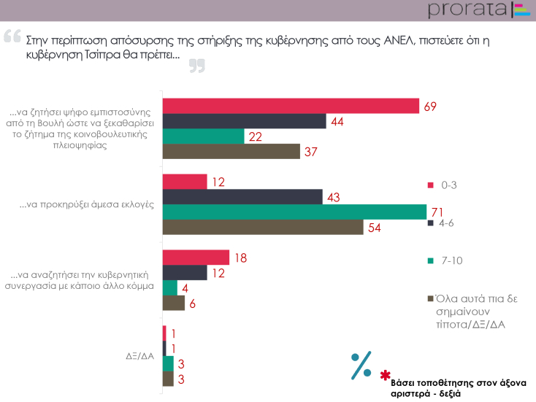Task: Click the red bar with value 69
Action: coord(290,106)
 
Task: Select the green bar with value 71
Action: coord(294,212)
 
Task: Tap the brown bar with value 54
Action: coord(262,227)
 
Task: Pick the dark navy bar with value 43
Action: coord(242,196)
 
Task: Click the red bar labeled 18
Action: coord(195,258)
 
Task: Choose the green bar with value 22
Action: coord(203,136)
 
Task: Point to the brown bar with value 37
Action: coord(231,152)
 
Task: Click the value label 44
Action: coord(337,121)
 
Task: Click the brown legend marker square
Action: coord(429,299)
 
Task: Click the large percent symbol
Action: coord(361,366)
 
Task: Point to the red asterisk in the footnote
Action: coord(385,375)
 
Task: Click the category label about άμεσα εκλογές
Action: coord(86,204)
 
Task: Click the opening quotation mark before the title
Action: coord(12,35)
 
